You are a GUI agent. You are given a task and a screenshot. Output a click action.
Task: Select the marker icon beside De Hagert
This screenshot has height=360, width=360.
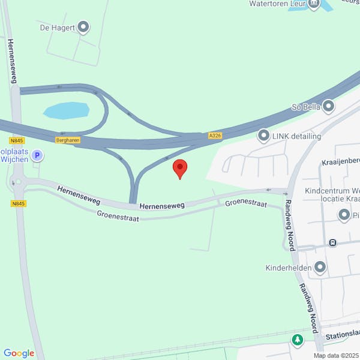[x=83, y=26]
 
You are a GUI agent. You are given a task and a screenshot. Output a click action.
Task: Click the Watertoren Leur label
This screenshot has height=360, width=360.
[x=275, y=3]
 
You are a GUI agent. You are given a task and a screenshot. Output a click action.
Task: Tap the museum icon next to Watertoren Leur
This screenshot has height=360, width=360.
[x=314, y=4]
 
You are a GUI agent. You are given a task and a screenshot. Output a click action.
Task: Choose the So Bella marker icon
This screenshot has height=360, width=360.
[x=328, y=106]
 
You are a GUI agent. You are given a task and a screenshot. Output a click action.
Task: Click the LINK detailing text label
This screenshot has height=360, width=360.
[x=297, y=136]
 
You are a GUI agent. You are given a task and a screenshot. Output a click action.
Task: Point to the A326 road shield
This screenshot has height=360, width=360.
[x=215, y=136]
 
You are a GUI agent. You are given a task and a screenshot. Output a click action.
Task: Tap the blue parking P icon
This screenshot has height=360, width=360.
[x=37, y=156]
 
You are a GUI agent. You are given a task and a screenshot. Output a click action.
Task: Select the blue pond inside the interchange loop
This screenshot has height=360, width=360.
[x=66, y=110]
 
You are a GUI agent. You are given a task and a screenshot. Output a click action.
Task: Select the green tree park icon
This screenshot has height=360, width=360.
[x=297, y=340]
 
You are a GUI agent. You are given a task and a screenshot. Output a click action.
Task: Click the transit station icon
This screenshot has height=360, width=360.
[x=332, y=243]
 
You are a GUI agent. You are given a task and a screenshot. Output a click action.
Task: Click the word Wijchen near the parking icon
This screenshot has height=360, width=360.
[x=15, y=160]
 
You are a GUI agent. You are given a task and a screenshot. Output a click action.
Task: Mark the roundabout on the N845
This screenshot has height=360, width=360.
[x=17, y=182]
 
